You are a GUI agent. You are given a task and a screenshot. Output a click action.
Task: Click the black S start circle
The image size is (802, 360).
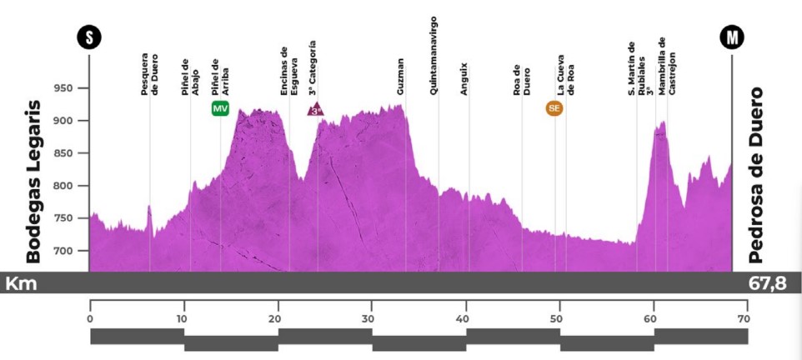coord(89,37)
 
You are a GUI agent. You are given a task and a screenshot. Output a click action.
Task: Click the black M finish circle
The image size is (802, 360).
coord(732,37)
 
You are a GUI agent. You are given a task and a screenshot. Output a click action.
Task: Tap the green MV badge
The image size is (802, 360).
coord(221,108)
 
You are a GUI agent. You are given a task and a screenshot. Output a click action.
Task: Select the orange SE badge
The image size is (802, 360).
coord(554,107)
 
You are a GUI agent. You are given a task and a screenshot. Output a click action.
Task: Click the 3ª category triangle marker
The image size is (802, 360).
coord(316,109)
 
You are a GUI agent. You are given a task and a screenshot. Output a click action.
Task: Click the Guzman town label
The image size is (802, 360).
coord(401,77)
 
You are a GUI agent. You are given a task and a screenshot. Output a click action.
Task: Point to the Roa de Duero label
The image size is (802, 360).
coord(522,80)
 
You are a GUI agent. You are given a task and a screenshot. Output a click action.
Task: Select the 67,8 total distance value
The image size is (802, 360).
coord(767,284)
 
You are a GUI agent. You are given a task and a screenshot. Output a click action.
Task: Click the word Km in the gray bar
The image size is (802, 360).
coord(21,284)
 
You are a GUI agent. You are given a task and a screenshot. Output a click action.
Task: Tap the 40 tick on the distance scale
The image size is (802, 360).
coord(465,317)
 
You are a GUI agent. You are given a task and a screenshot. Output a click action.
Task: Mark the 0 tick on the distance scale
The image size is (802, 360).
coord(90,317)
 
